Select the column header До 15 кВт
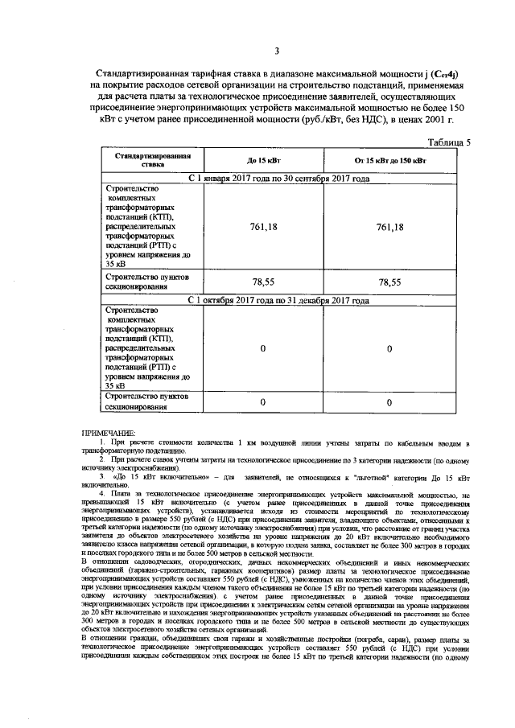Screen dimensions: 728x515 point(263,162)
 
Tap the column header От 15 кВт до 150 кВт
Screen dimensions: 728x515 point(389,162)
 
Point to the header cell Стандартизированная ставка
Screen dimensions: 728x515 point(152,158)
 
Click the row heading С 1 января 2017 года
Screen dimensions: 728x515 point(278,178)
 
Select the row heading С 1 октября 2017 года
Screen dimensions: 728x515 point(278,301)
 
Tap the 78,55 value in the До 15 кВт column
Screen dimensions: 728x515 point(263,282)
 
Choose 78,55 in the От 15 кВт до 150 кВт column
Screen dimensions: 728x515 point(389,282)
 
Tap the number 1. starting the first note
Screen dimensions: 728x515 point(102,443)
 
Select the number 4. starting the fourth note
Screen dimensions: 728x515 point(101,493)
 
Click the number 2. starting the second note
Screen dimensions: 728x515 point(101,460)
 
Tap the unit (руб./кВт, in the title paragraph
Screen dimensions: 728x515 point(303,120)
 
